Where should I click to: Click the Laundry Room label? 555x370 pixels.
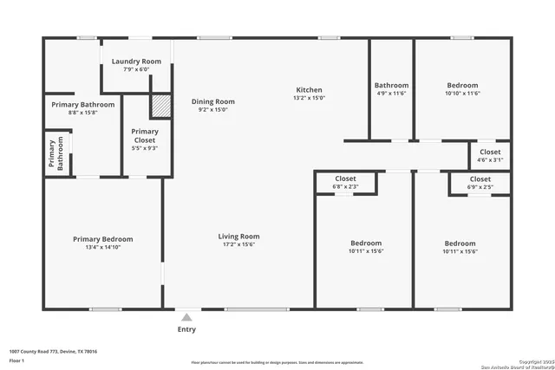click(x=136, y=62)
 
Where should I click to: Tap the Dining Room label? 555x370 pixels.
click(x=212, y=101)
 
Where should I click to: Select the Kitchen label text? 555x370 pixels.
click(x=310, y=90)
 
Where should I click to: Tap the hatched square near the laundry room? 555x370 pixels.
click(x=160, y=106)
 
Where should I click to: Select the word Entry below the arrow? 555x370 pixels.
click(x=186, y=329)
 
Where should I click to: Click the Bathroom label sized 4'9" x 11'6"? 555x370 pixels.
click(x=391, y=86)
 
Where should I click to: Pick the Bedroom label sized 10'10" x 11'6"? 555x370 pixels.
click(x=462, y=86)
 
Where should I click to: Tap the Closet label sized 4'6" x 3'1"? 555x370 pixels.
click(x=490, y=152)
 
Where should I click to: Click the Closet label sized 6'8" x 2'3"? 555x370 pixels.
click(x=345, y=179)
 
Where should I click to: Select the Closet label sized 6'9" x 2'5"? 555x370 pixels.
click(x=480, y=179)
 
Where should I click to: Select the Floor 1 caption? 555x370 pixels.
click(x=16, y=360)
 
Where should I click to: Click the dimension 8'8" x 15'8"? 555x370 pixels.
click(x=78, y=112)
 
